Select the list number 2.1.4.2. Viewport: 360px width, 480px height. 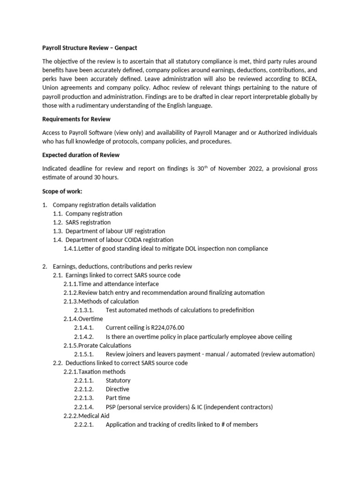(x=84, y=337)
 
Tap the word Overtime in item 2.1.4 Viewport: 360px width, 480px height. (x=90, y=319)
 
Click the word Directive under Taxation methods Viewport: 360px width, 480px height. (x=118, y=390)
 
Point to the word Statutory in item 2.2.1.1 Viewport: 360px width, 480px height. (x=118, y=381)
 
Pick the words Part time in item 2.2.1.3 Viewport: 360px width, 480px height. (x=118, y=398)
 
